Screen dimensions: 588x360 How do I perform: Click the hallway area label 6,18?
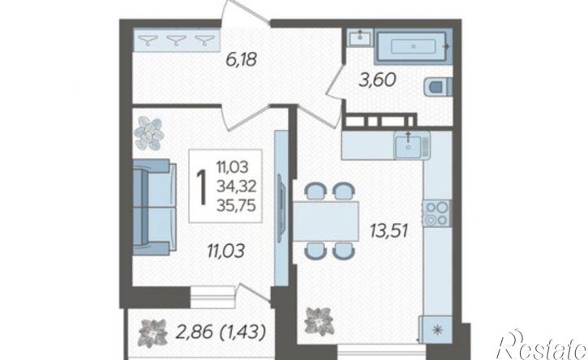point(241,59)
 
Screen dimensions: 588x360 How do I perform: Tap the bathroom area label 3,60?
point(377,80)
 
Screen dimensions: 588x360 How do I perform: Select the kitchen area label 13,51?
point(388,230)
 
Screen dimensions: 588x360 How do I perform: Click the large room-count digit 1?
point(203,186)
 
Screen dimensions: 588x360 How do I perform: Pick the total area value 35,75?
point(236,205)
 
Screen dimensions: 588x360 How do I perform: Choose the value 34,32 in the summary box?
point(236,186)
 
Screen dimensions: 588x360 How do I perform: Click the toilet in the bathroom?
point(440,88)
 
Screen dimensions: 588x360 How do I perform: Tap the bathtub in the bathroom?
point(413,46)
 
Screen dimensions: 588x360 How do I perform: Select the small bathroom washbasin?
point(360,37)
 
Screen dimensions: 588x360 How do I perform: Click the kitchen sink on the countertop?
point(412,145)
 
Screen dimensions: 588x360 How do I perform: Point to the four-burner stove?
point(436,213)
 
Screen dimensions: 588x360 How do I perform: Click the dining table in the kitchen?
point(325,221)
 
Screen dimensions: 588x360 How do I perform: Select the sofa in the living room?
point(154,207)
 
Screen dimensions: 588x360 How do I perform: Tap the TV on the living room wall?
point(281,208)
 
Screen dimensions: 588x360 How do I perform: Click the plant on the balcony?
point(152,332)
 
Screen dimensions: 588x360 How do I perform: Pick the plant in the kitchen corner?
point(319,321)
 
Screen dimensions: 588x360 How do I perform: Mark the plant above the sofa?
point(149,133)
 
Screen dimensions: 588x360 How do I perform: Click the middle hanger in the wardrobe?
point(176,40)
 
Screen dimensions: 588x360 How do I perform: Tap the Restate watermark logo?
point(542,345)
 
